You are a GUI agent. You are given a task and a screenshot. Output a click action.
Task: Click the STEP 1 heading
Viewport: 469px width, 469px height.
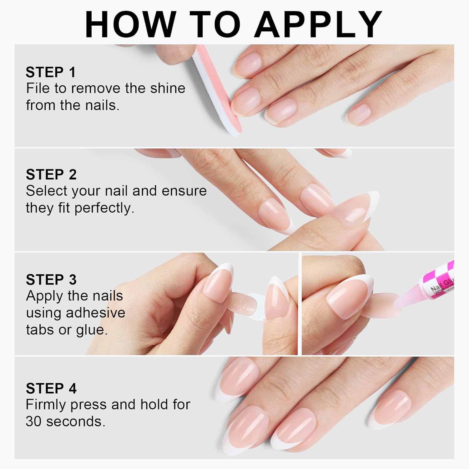pyautogui.click(x=51, y=72)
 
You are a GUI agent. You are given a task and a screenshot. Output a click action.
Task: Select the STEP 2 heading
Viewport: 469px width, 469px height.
pyautogui.click(x=51, y=174)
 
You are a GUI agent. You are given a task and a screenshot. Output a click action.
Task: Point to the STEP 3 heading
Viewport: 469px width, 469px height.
pyautogui.click(x=51, y=280)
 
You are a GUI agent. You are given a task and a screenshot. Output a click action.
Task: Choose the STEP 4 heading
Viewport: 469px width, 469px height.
pyautogui.click(x=51, y=388)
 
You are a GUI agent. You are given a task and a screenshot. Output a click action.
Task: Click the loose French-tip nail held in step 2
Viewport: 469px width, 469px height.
pyautogui.click(x=356, y=208)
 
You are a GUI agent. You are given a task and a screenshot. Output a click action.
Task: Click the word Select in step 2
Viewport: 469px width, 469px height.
pyautogui.click(x=47, y=191)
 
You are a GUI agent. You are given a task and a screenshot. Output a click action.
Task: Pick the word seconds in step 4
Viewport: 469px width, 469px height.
pyautogui.click(x=75, y=421)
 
